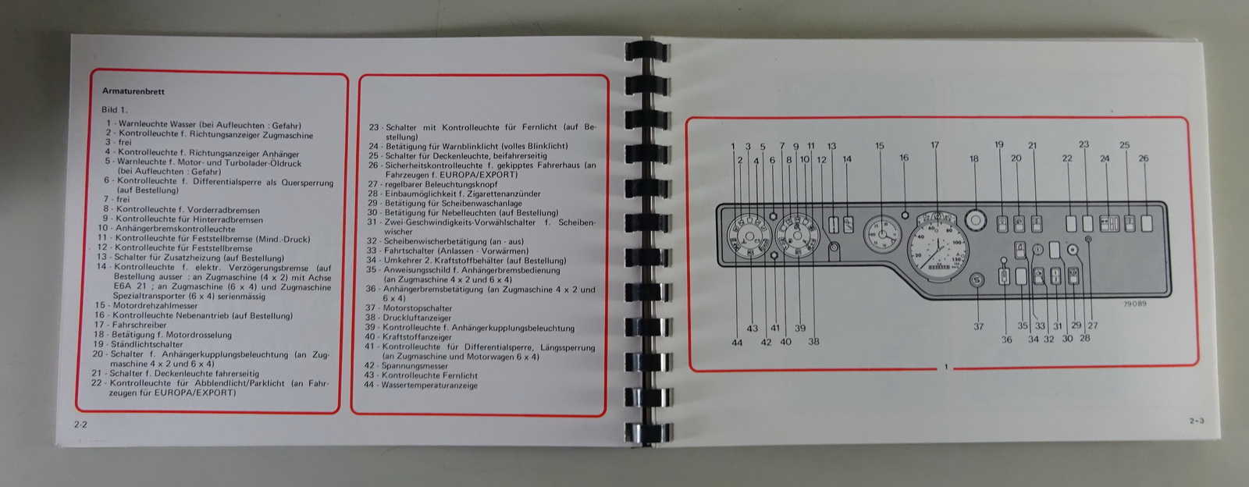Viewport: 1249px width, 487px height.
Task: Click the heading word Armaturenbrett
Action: pyautogui.click(x=133, y=91)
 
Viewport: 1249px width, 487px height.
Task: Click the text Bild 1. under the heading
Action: pyautogui.click(x=115, y=110)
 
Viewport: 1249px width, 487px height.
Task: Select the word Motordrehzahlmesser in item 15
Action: pyautogui.click(x=155, y=305)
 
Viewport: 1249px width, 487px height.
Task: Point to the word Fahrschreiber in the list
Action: pyautogui.click(x=140, y=325)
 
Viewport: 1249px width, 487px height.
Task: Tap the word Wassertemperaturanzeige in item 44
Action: pyautogui.click(x=429, y=385)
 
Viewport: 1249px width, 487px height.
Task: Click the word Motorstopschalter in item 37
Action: pyautogui.click(x=417, y=308)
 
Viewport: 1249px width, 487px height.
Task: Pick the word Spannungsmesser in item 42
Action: pyautogui.click(x=415, y=366)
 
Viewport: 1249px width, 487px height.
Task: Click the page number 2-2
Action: pyautogui.click(x=81, y=425)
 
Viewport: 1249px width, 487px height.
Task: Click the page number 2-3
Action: pyautogui.click(x=1197, y=421)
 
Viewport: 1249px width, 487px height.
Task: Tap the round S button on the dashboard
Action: pyautogui.click(x=977, y=281)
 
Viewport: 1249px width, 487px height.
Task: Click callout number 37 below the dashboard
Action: pyautogui.click(x=979, y=326)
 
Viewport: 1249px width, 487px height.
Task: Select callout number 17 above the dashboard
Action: pyautogui.click(x=935, y=145)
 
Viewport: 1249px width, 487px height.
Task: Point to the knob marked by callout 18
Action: pyautogui.click(x=975, y=219)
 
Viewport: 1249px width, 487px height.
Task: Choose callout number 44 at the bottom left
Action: pyautogui.click(x=737, y=343)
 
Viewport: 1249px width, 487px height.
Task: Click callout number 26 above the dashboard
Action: pyautogui.click(x=1144, y=158)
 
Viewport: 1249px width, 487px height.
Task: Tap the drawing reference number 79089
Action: pyautogui.click(x=1135, y=304)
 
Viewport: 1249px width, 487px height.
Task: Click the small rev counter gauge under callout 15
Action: pyautogui.click(x=882, y=235)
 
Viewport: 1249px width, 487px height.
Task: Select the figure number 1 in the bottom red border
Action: pyautogui.click(x=945, y=367)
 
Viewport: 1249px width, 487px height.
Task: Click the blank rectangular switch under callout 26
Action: pyautogui.click(x=1147, y=223)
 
